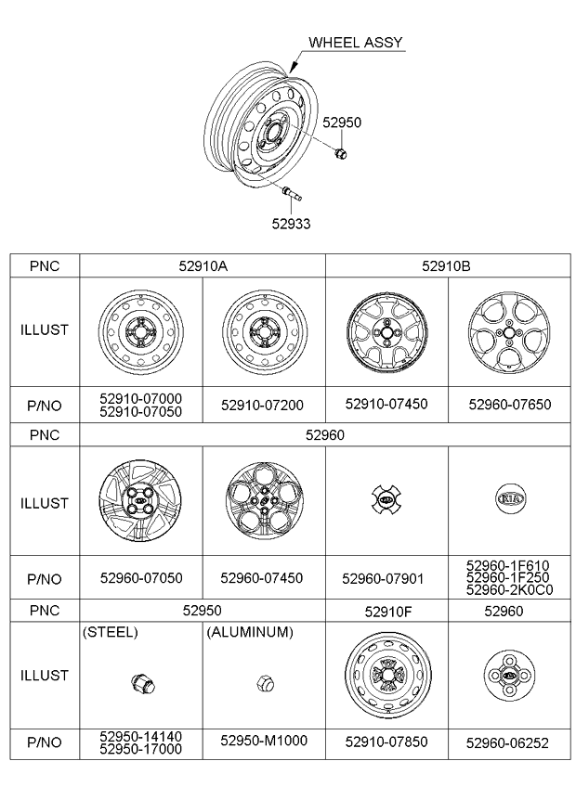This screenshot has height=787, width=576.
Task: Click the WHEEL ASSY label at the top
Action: pyautogui.click(x=355, y=42)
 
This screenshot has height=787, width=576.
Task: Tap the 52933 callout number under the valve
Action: pyautogui.click(x=292, y=224)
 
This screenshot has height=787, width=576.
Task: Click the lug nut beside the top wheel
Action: pyautogui.click(x=341, y=152)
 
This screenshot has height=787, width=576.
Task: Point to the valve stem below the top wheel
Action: pyautogui.click(x=292, y=193)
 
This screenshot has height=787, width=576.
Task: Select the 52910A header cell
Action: pyautogui.click(x=203, y=265)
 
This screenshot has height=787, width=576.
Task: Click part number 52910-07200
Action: pyautogui.click(x=262, y=405)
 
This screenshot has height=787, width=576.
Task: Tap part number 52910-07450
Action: pyautogui.click(x=386, y=404)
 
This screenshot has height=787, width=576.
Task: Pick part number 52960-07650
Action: pyautogui.click(x=510, y=404)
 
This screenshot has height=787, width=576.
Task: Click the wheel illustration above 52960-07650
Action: pyautogui.click(x=509, y=333)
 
